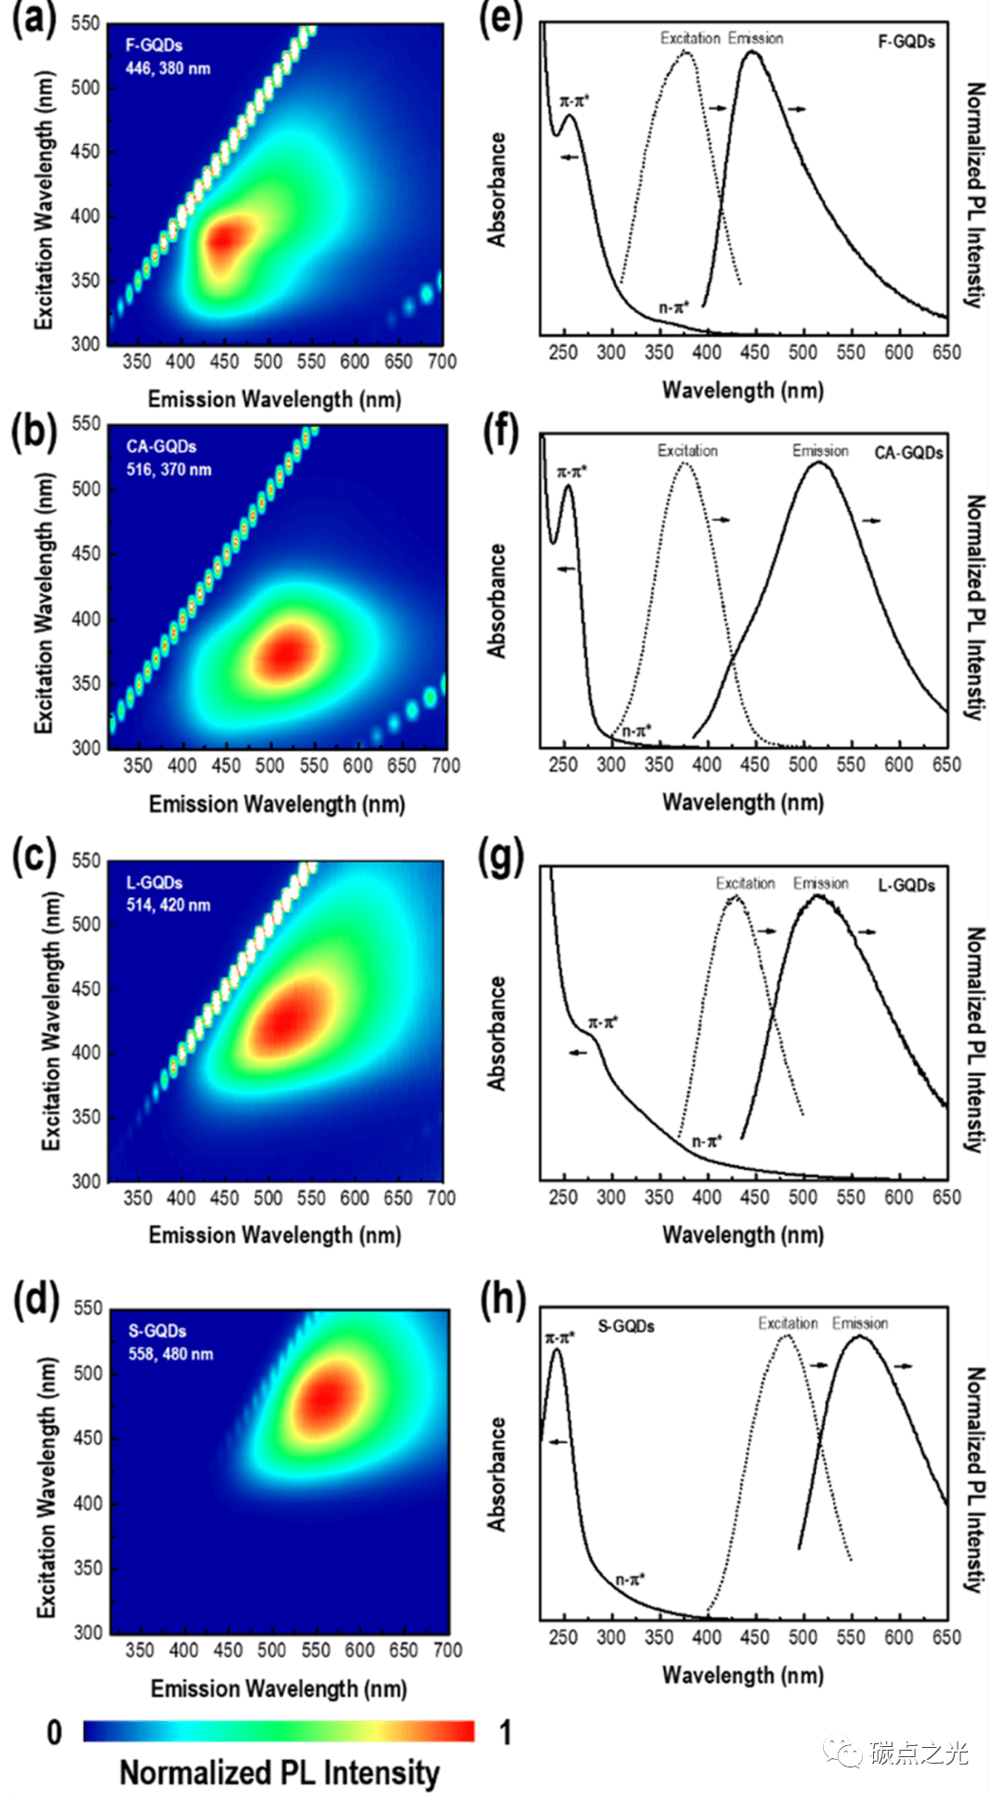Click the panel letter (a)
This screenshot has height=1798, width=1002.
click(x=34, y=19)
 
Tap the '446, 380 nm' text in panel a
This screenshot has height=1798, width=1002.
click(x=168, y=69)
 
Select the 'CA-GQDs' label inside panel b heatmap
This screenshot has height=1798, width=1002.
click(x=161, y=446)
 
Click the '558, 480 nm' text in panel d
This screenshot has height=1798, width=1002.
click(x=171, y=1354)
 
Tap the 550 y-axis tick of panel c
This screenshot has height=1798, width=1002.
click(x=85, y=861)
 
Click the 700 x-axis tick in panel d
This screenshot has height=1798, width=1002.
click(x=447, y=1650)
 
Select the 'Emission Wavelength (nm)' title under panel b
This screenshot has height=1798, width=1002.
click(x=276, y=803)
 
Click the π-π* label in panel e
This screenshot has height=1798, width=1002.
click(x=574, y=101)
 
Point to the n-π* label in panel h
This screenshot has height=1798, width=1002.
click(x=630, y=1578)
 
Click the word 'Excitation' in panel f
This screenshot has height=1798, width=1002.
click(x=687, y=451)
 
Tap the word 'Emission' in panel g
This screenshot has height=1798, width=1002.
click(x=820, y=883)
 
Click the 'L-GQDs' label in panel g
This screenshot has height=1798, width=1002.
click(x=906, y=885)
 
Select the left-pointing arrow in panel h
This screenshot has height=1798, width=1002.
click(x=558, y=1442)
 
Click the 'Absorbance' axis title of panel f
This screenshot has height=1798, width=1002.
click(x=498, y=601)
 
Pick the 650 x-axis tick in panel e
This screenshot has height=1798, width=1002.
click(x=946, y=353)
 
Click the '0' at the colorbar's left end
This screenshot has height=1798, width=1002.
click(x=55, y=1732)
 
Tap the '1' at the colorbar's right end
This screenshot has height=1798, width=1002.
click(x=505, y=1732)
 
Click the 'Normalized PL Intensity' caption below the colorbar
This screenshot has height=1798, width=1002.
click(x=279, y=1773)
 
